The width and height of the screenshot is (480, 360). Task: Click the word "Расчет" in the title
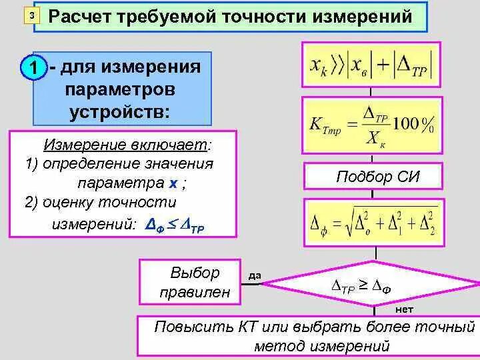pos(81,15)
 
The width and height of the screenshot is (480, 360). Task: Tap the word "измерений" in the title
pos(363,15)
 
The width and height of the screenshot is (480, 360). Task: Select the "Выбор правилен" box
pos(189,282)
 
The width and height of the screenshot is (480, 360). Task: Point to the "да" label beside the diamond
pos(254,275)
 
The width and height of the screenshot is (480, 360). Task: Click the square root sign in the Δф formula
pos(345,222)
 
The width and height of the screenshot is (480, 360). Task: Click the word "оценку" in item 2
pos(68,202)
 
